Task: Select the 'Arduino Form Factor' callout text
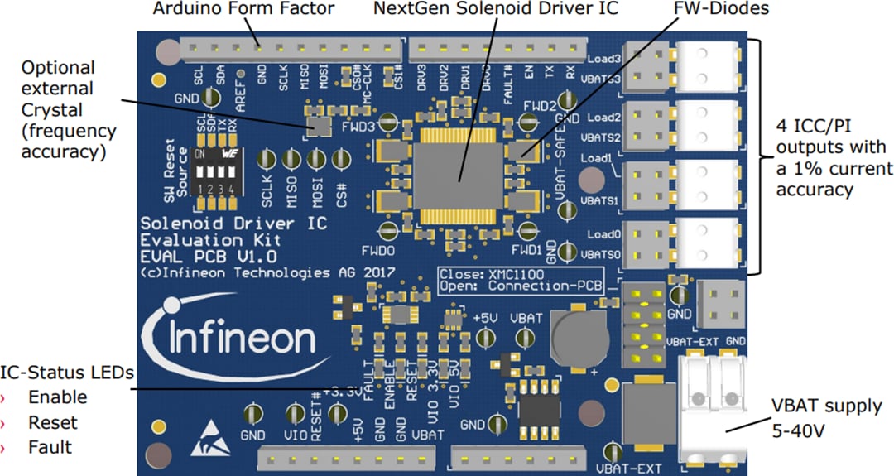click(x=244, y=10)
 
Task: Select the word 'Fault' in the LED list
click(x=50, y=448)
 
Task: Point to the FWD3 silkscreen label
click(x=358, y=127)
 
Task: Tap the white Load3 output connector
click(x=706, y=66)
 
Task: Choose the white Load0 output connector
click(x=706, y=244)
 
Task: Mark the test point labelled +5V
click(x=486, y=337)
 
